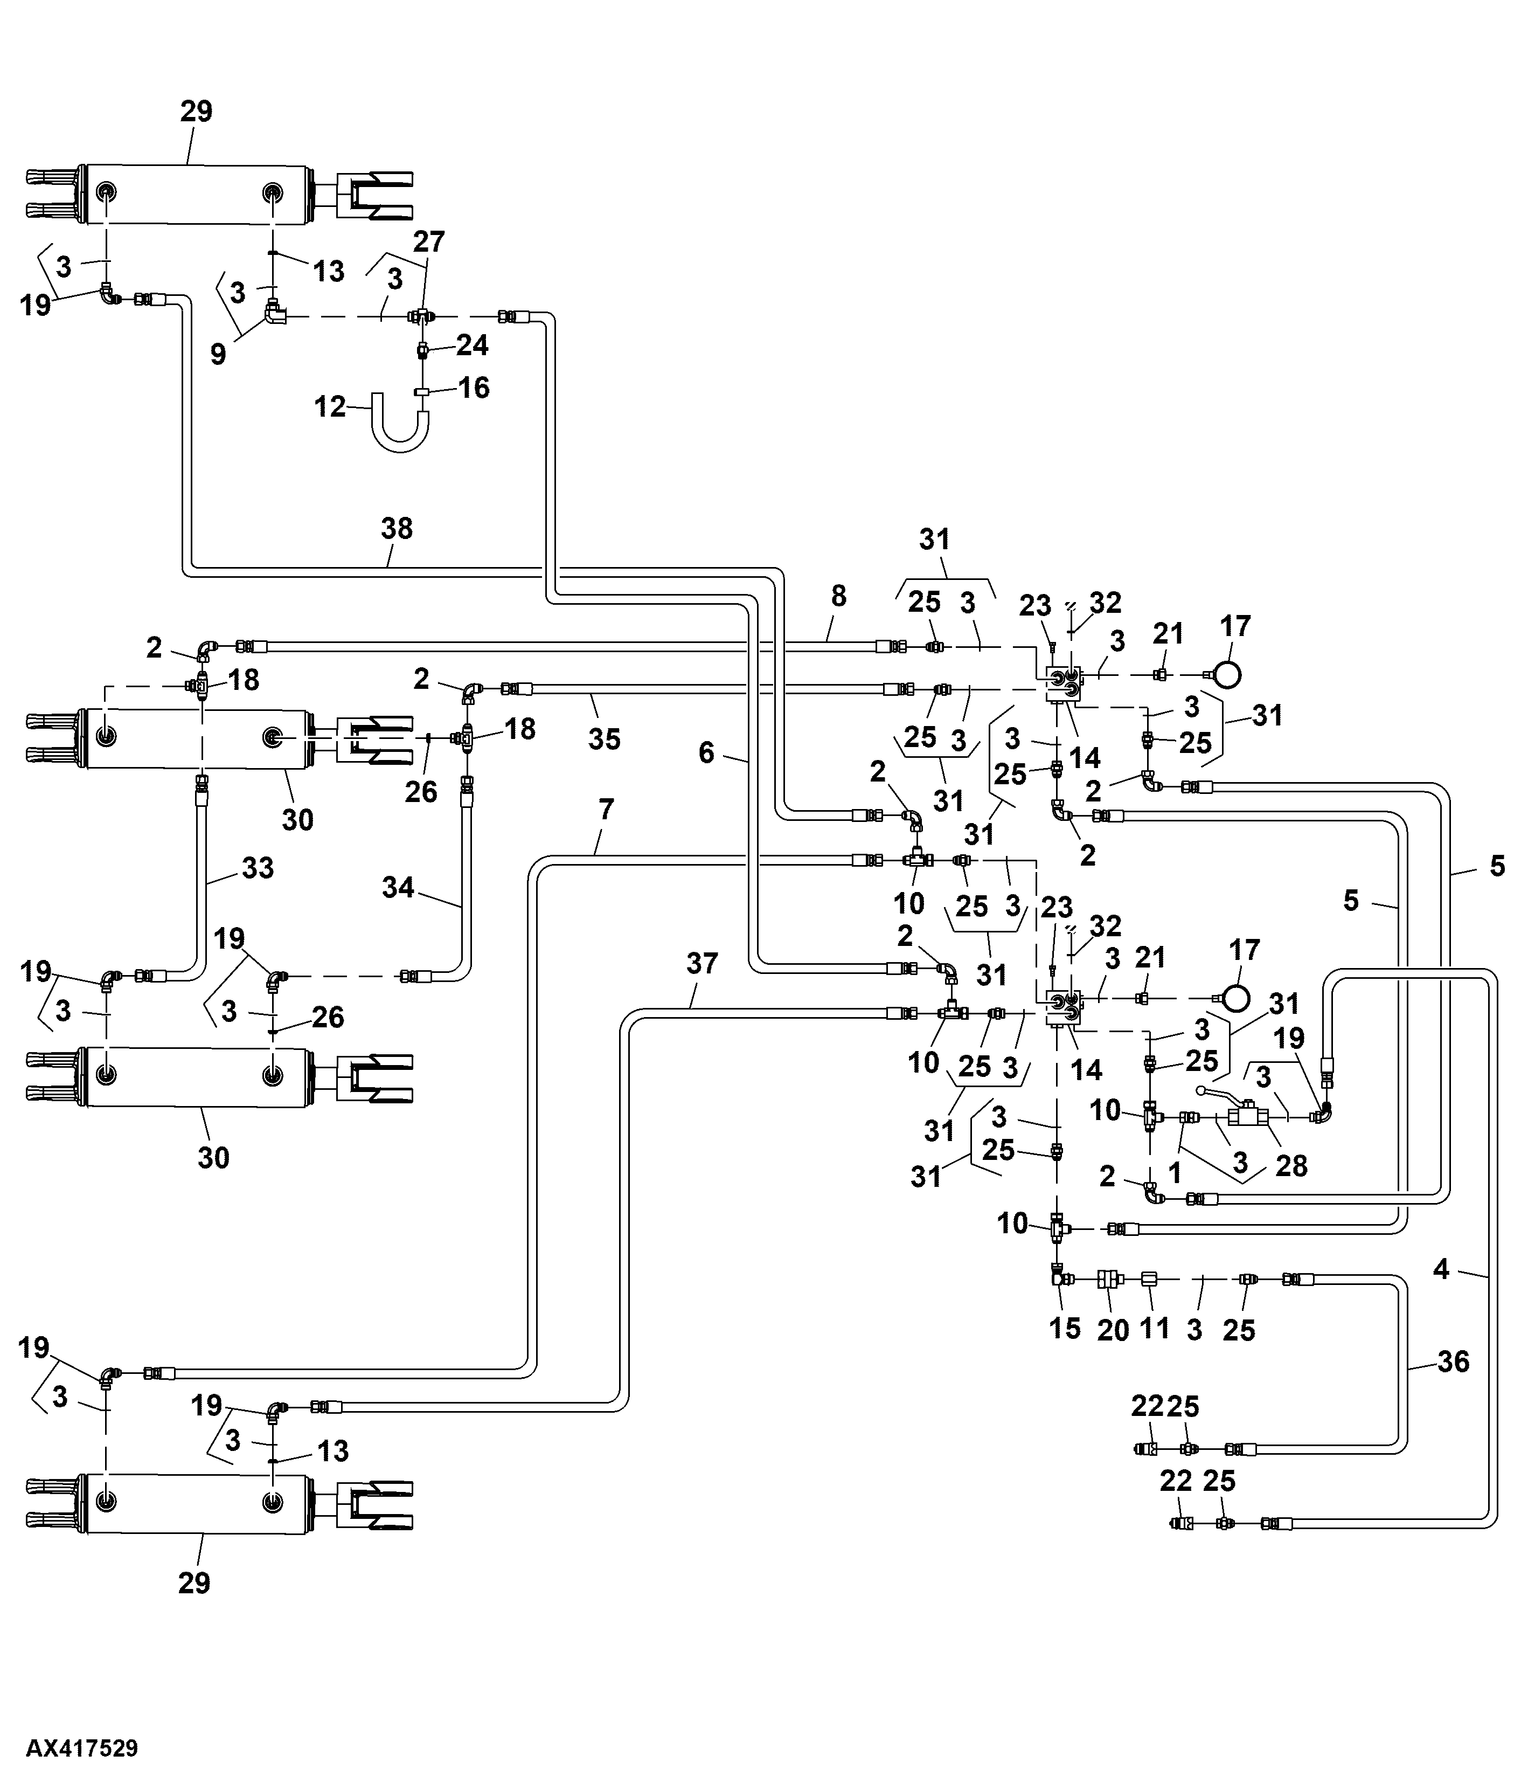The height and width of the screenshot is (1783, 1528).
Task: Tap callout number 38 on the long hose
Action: (397, 528)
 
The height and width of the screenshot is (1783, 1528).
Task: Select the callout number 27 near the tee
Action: (428, 242)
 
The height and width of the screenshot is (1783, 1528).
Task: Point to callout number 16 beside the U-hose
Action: (474, 388)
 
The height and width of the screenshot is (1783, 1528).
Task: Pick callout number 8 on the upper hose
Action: (839, 596)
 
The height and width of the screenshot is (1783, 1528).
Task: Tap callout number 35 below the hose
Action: (604, 738)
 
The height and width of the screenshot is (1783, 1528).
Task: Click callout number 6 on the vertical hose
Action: (706, 753)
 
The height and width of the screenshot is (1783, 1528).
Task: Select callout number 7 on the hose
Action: (607, 810)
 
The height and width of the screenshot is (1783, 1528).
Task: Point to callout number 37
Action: (702, 963)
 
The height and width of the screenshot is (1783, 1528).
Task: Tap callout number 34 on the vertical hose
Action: (398, 887)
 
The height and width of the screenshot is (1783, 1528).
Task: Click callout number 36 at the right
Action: (1453, 1362)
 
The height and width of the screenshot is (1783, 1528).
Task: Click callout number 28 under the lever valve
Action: (1291, 1166)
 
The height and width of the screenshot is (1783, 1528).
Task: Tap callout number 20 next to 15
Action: (1113, 1330)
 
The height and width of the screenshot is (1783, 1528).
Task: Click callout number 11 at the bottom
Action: (1155, 1329)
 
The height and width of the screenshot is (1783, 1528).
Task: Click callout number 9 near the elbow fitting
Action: (219, 354)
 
